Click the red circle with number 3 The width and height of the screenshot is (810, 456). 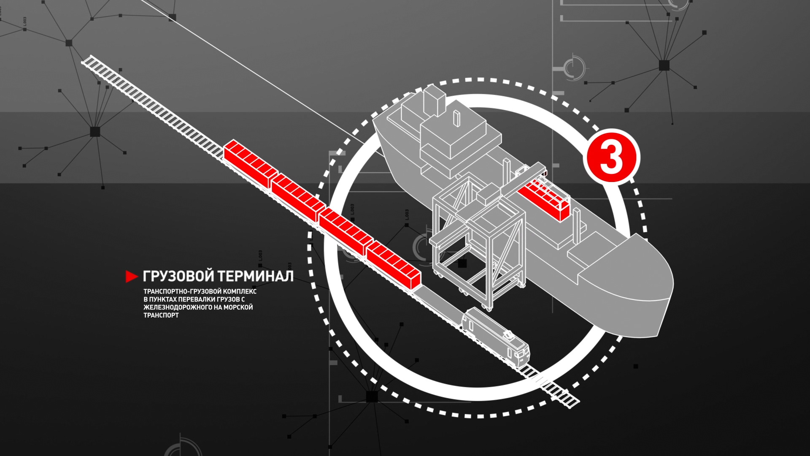[611, 157]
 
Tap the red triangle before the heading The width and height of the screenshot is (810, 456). [131, 277]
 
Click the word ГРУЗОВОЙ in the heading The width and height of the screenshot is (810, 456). [178, 277]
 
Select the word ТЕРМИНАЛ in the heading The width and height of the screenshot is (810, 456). [256, 277]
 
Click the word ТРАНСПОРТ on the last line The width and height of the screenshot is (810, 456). [161, 315]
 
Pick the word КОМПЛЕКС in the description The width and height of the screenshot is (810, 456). [240, 291]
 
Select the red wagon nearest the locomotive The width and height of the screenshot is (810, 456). [393, 265]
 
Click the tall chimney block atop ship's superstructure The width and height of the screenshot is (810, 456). [435, 100]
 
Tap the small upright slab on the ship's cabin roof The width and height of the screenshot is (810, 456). [456, 118]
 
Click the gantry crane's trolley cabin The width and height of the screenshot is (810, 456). [489, 193]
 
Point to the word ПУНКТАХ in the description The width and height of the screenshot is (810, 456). [163, 299]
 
